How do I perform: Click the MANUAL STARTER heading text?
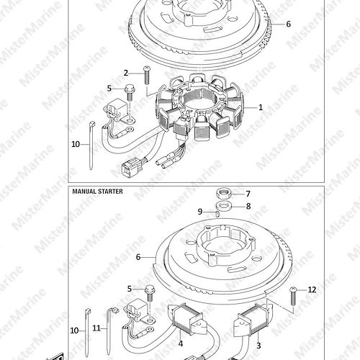pyautogui.click(x=97, y=192)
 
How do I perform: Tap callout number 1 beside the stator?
pyautogui.click(x=261, y=107)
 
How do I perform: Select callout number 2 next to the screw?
pyautogui.click(x=126, y=73)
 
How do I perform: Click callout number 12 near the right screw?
pyautogui.click(x=312, y=289)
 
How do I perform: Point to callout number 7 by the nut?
pyautogui.click(x=248, y=194)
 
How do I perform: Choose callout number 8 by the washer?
pyautogui.click(x=248, y=206)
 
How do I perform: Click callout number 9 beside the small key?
pyautogui.click(x=200, y=212)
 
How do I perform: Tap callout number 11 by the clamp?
pyautogui.click(x=96, y=328)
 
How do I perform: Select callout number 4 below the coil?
pyautogui.click(x=181, y=344)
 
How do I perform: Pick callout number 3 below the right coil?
pyautogui.click(x=258, y=346)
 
